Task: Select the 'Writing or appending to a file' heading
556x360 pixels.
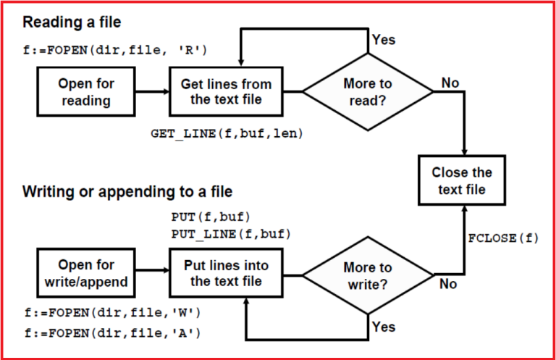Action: [x=127, y=192]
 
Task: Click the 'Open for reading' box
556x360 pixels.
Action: [x=86, y=92]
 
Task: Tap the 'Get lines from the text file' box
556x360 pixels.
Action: [x=226, y=92]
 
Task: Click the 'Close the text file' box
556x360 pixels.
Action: [x=462, y=181]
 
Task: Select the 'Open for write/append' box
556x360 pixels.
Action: [x=86, y=273]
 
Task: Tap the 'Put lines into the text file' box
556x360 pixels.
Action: [x=226, y=273]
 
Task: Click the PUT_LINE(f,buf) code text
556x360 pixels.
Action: [x=231, y=233]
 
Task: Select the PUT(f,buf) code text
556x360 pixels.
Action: [x=211, y=217]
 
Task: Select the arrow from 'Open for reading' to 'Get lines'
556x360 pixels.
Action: [x=152, y=92]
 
